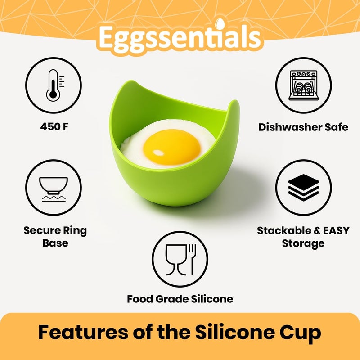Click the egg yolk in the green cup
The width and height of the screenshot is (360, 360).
pos(171,147)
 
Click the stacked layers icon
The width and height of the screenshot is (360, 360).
pos(303,187)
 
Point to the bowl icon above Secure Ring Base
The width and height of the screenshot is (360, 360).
pos(54,187)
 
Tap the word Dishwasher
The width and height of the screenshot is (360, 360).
pos(284,127)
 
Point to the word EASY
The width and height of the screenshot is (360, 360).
pos(333,231)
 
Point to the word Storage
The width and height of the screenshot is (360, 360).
pos(303,244)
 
